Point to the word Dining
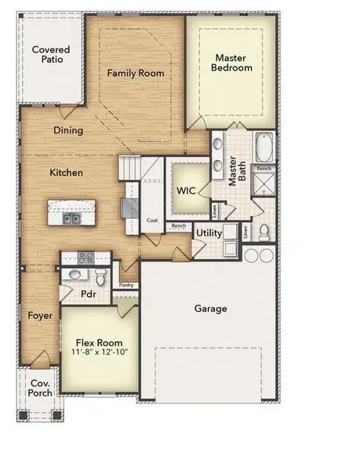68,130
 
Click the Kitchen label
67,172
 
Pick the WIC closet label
186,190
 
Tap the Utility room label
209,233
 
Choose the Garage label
210,309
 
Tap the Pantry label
125,286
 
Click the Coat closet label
152,221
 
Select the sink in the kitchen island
71,218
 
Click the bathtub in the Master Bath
264,148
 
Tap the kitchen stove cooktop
85,257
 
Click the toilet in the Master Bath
264,232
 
